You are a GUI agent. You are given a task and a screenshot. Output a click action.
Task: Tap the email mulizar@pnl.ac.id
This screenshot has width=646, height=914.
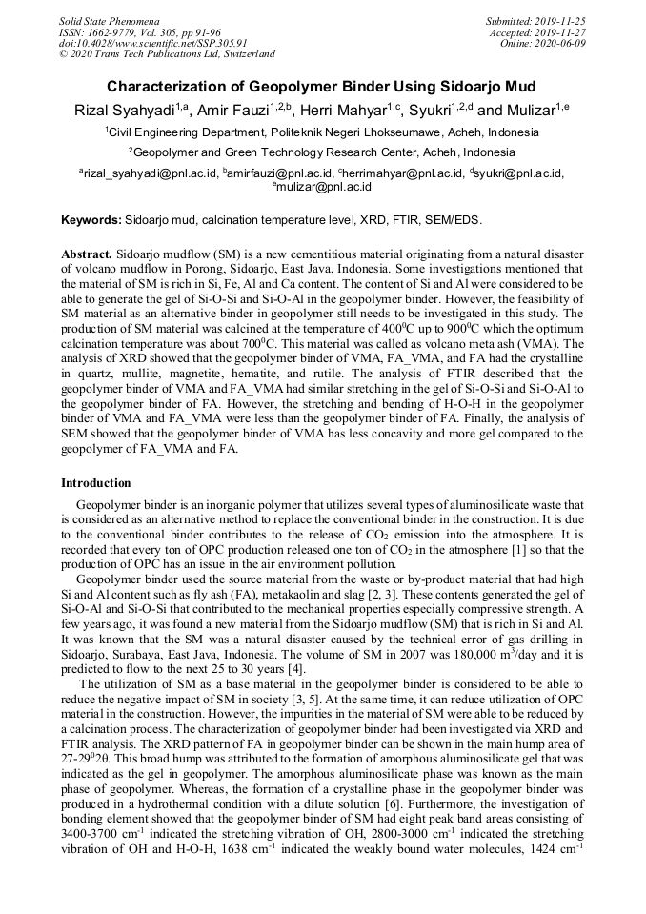(324, 188)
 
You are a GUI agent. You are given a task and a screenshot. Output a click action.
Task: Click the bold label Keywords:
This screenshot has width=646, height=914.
(91, 220)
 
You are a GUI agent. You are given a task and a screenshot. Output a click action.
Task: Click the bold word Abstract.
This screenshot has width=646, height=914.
(87, 255)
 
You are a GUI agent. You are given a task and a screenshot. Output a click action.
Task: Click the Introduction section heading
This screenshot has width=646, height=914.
(95, 483)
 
